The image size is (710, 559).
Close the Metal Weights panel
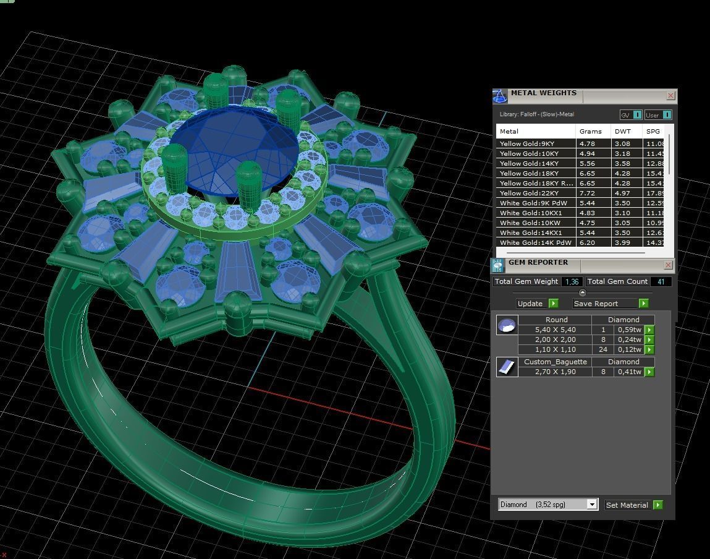[670, 96]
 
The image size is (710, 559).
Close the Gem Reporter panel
[668, 265]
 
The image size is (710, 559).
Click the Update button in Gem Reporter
[537, 304]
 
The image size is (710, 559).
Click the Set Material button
[633, 505]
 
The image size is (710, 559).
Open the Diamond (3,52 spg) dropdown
[591, 505]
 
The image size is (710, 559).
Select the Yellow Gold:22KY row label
[529, 194]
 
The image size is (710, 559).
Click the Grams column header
[591, 131]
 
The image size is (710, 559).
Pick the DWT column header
[622, 131]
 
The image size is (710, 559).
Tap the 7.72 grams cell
[587, 194]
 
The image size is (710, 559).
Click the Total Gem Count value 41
[661, 281]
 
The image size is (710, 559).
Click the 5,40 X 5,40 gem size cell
[555, 330]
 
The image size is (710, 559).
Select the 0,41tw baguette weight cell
[629, 372]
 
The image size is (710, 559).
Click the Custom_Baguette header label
[555, 362]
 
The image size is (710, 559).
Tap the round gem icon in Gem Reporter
[507, 325]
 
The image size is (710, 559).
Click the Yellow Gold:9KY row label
[527, 144]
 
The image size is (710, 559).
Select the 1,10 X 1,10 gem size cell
[555, 350]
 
